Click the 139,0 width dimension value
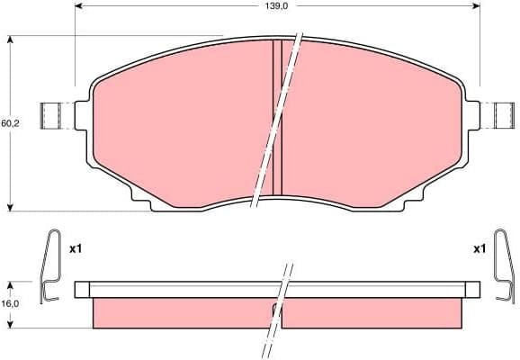(x=275, y=6)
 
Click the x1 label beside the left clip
(x=76, y=247)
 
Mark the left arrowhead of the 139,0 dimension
(x=78, y=7)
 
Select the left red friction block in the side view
(x=180, y=312)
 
